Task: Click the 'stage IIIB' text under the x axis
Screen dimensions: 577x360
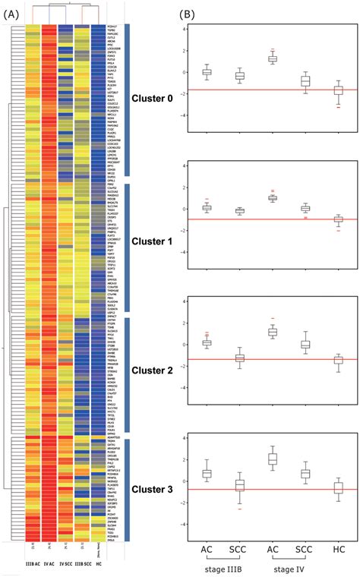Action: click(x=228, y=567)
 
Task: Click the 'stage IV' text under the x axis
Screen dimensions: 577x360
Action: click(x=293, y=567)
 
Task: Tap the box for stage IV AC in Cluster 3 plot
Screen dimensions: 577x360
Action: click(x=272, y=459)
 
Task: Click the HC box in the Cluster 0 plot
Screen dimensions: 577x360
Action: click(x=339, y=90)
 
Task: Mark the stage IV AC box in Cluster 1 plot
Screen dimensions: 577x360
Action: click(x=272, y=197)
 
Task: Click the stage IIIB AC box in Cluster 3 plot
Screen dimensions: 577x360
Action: click(x=206, y=473)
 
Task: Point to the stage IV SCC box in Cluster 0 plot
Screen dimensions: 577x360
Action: click(x=305, y=80)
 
